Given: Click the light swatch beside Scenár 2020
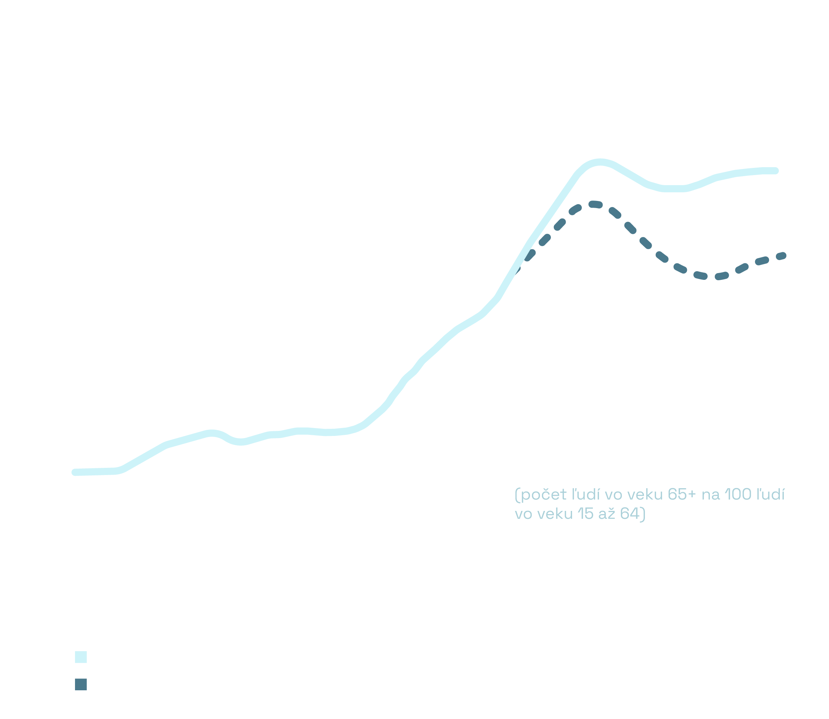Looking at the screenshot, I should tap(81, 657).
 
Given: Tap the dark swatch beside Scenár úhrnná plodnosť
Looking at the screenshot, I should tap(81, 685).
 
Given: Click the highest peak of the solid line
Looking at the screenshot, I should tap(599, 163).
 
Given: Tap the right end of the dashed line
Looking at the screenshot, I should tap(783, 255).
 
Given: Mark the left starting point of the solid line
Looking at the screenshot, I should tap(75, 472).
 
